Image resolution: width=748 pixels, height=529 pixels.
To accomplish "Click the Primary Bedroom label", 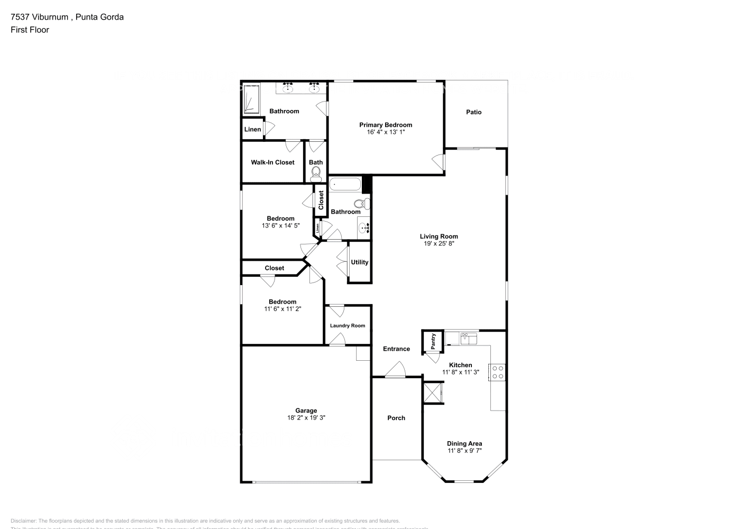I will coord(385,125).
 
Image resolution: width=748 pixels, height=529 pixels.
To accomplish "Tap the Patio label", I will coord(473,112).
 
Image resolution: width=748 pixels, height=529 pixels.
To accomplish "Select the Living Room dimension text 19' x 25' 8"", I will coord(439,244).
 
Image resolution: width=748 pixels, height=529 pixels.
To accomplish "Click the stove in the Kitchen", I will coord(497,372).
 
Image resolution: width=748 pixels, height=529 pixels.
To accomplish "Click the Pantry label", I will coord(433,341).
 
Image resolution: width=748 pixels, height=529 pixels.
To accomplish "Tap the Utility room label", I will coord(359,262).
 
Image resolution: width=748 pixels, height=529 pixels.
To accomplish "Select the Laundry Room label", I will coord(347,326).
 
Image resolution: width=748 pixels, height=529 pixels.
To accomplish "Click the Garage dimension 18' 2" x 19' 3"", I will coord(306,417).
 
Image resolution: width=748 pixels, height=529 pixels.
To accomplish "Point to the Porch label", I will coord(396,418).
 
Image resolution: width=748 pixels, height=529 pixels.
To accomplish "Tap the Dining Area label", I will coord(464,444).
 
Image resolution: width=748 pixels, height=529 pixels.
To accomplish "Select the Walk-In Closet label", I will coord(272,162).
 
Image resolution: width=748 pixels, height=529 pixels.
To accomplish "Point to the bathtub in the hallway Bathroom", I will coord(345,185).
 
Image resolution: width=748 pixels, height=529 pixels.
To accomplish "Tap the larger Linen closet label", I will coord(252,130).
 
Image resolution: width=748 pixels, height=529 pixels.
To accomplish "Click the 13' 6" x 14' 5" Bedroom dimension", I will coord(280,225).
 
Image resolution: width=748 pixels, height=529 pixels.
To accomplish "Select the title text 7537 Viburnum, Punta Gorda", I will coord(67,17).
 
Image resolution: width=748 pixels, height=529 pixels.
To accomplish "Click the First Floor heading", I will coord(30,30).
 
